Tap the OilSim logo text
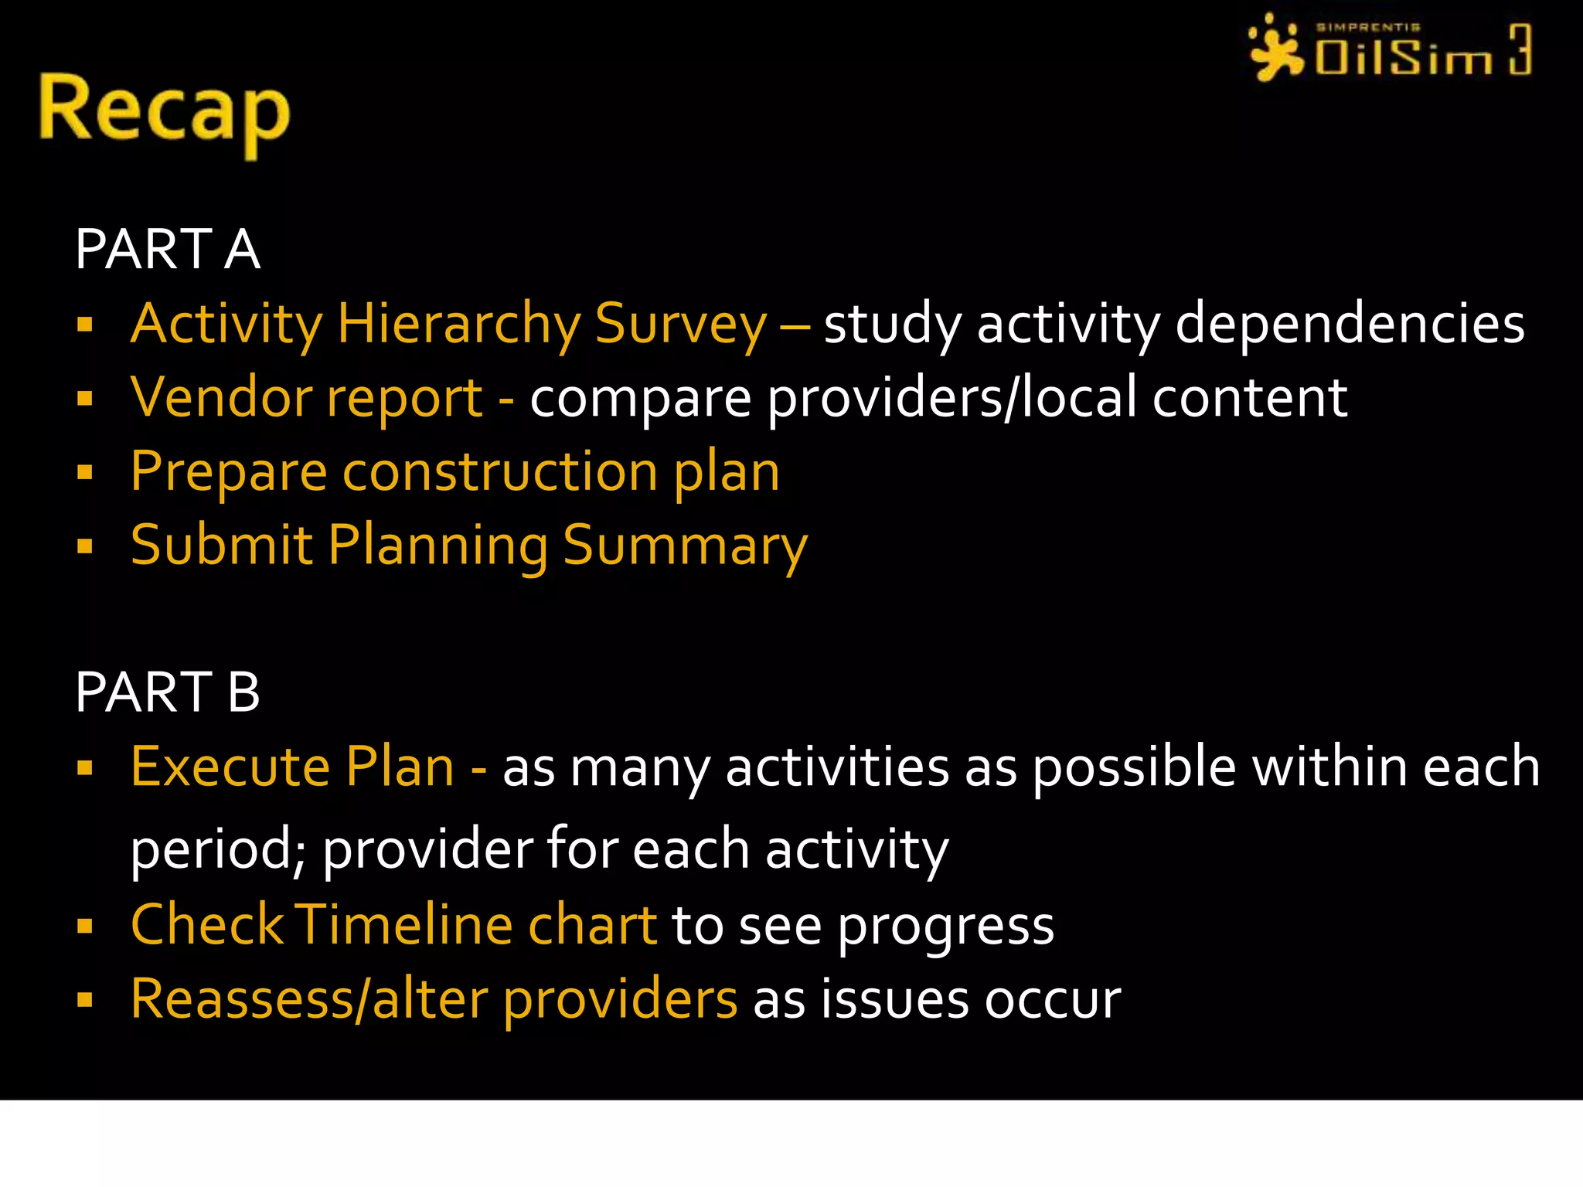point(1403,56)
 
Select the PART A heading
point(168,249)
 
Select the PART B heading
point(168,692)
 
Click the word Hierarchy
point(458,324)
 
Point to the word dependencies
point(1350,324)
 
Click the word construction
point(499,471)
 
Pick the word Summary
point(685,546)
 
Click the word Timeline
point(403,924)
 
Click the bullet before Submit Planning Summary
point(85,546)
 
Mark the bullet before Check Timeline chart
point(85,925)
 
